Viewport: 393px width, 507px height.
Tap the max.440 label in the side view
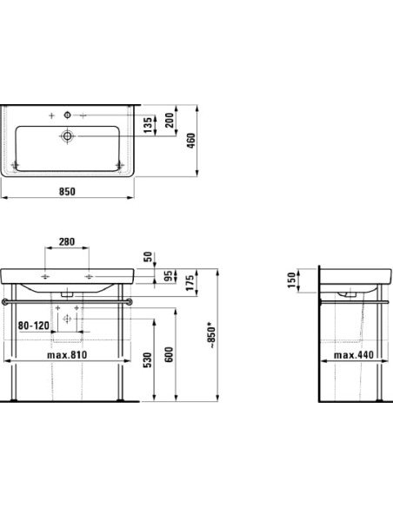(x=356, y=355)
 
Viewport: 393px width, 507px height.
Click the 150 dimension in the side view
(x=296, y=280)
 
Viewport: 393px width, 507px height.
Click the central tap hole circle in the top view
(x=68, y=115)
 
